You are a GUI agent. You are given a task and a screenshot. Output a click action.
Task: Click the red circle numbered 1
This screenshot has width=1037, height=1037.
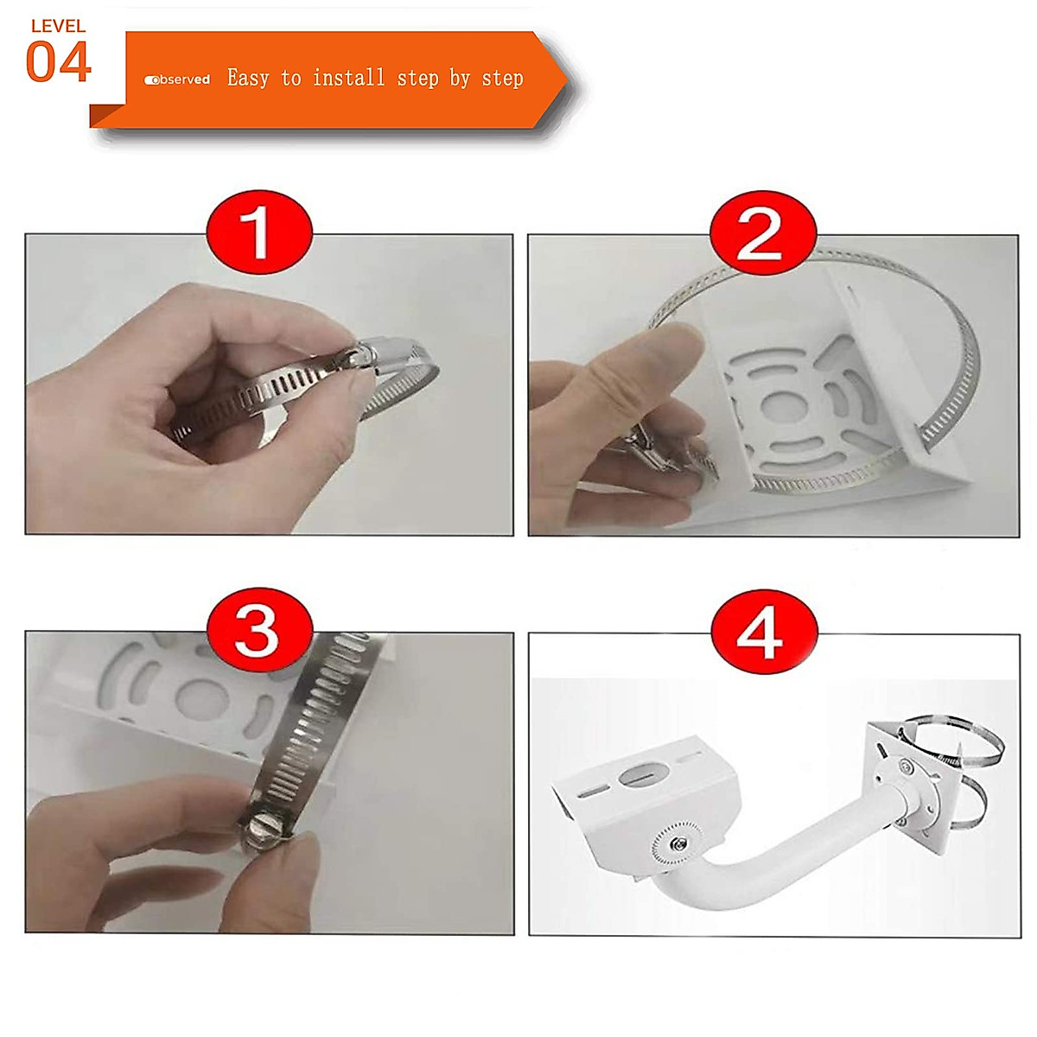(x=259, y=232)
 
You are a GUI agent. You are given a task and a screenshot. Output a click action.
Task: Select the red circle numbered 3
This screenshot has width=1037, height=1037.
(x=259, y=630)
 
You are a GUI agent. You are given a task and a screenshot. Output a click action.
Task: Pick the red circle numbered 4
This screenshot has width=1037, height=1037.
(x=764, y=632)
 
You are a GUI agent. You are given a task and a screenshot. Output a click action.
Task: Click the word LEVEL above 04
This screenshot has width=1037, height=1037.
(x=58, y=26)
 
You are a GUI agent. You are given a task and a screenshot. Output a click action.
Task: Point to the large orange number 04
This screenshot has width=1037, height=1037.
(x=58, y=62)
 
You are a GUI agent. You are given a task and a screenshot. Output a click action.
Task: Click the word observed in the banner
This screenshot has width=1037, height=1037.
(x=177, y=80)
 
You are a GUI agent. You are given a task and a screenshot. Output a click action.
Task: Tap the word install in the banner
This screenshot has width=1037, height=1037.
(x=349, y=78)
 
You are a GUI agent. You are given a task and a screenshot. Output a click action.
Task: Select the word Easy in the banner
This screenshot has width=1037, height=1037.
(x=247, y=79)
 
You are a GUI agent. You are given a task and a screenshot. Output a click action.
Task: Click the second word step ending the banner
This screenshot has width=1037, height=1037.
(x=502, y=80)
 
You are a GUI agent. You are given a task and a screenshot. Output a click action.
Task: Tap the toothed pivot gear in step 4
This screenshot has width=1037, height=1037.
(x=677, y=843)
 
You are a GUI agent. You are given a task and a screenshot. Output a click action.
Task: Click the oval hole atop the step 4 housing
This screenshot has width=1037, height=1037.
(x=644, y=775)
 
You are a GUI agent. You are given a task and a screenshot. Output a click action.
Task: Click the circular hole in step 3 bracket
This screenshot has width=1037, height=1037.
(x=202, y=698)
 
